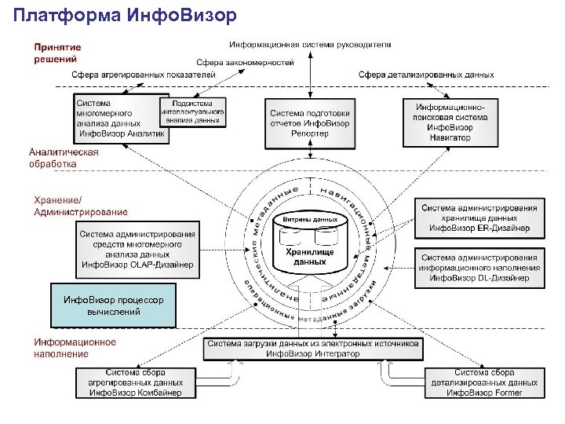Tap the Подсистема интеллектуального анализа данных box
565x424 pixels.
[192, 112]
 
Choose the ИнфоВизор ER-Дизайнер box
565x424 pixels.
[479, 218]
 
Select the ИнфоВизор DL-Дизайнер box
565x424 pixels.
[479, 267]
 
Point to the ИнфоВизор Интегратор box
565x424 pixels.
[313, 349]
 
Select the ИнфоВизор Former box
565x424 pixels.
[484, 382]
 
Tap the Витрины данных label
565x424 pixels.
[310, 219]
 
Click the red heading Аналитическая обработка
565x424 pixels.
[64, 158]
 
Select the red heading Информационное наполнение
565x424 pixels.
[75, 348]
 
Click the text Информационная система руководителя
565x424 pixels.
[310, 44]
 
